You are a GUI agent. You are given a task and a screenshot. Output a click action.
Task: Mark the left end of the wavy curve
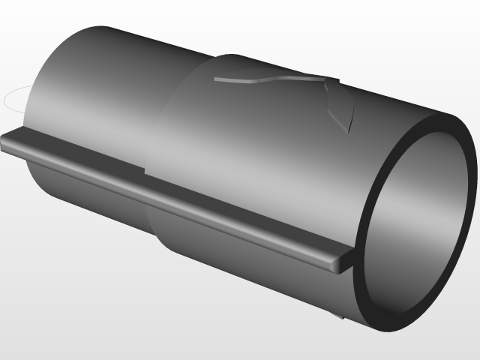tap(214, 78)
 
